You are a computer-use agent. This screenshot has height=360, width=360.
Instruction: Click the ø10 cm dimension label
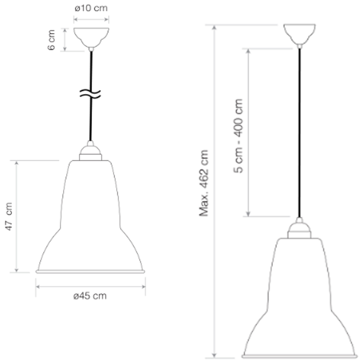[x=91, y=8]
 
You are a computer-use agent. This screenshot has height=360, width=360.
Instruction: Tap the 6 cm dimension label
[x=51, y=40]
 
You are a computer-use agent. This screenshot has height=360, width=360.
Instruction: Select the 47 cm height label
[x=9, y=216]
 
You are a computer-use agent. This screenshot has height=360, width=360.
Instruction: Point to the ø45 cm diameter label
[x=90, y=296]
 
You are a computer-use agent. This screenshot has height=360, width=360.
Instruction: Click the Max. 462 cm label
[x=204, y=183]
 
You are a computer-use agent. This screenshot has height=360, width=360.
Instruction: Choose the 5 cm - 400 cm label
[x=238, y=136]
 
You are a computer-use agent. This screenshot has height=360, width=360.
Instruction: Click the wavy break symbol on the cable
[x=90, y=94]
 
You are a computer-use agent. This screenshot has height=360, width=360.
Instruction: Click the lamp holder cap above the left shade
[x=90, y=152]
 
